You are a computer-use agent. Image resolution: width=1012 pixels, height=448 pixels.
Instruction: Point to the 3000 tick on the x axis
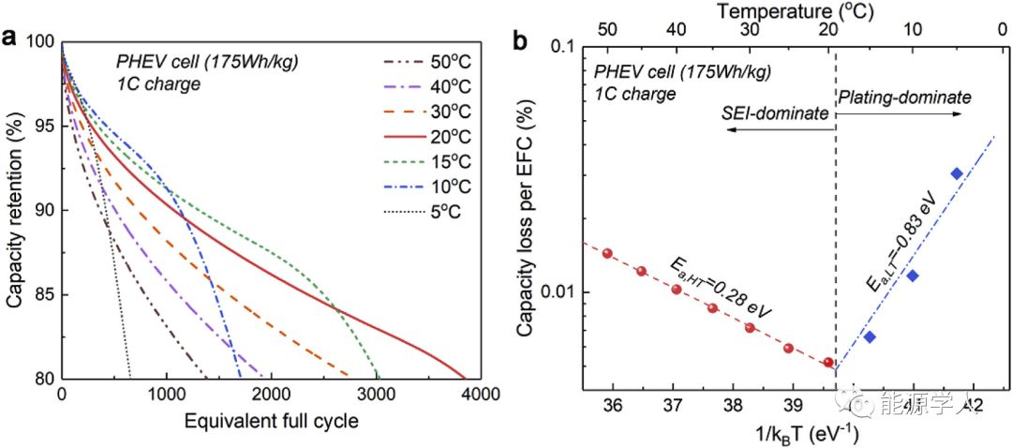[375, 395]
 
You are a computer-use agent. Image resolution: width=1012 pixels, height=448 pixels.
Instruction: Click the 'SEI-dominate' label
[775, 113]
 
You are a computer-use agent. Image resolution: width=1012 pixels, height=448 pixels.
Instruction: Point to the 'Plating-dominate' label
[904, 97]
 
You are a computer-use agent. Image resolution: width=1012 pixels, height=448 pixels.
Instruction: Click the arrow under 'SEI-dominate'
[765, 134]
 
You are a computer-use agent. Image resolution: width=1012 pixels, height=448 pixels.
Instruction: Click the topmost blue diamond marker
[957, 173]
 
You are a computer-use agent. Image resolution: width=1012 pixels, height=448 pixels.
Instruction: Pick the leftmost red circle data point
[607, 253]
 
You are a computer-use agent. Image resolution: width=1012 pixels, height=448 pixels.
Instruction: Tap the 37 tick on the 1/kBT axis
[672, 407]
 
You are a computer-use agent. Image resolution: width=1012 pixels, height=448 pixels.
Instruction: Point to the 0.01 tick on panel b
[556, 292]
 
